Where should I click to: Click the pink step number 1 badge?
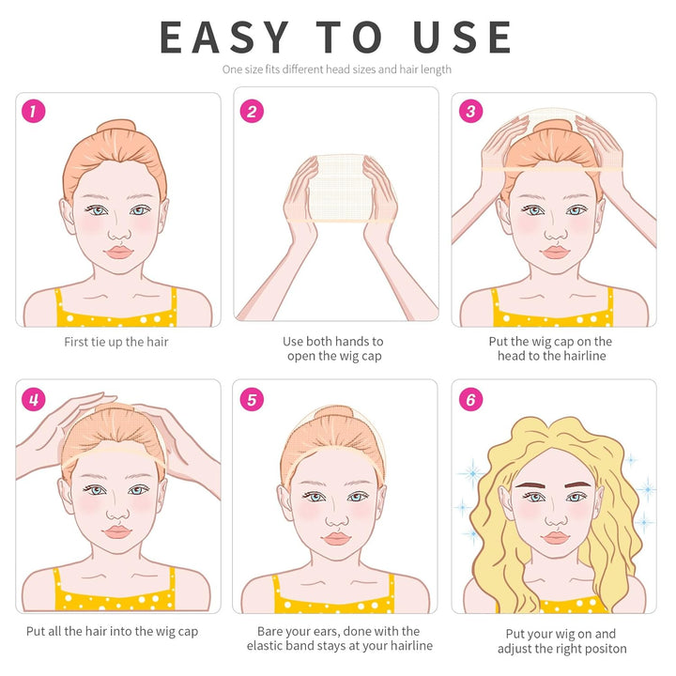(33, 111)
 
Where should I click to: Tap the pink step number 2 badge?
(252, 111)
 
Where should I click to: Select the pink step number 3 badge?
(470, 111)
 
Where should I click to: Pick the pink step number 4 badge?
(33, 399)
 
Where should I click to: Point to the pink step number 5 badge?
(252, 399)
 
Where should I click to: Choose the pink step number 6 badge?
(470, 399)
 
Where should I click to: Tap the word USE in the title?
(462, 38)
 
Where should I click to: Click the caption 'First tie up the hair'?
(116, 342)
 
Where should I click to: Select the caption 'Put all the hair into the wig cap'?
(112, 632)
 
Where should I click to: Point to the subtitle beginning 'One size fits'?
(337, 69)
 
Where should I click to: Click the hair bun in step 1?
(116, 127)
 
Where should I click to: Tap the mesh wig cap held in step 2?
(341, 188)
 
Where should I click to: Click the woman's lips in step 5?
(337, 539)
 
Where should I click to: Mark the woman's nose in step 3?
(556, 234)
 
